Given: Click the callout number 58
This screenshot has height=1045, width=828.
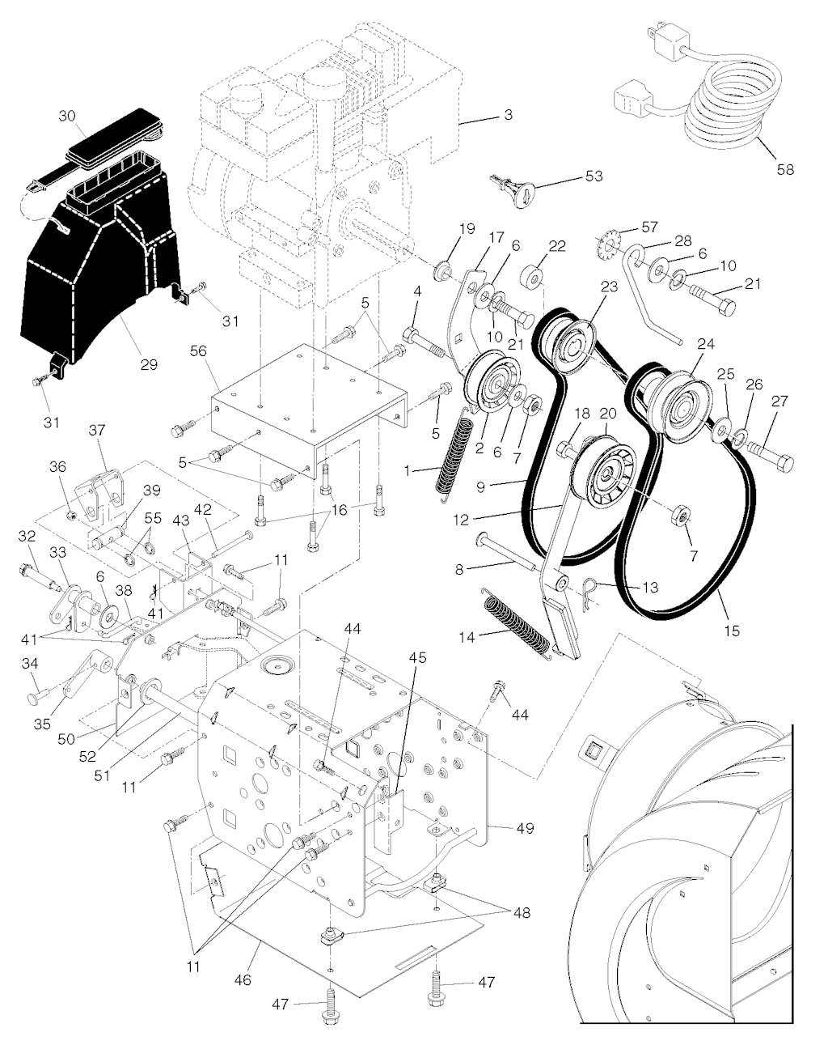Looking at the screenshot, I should coord(784,169).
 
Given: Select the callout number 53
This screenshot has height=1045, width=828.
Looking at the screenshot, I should coord(594,176).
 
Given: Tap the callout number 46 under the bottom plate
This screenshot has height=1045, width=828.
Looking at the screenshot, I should coord(243,979).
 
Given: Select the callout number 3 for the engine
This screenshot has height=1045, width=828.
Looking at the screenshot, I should coord(508,115).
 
